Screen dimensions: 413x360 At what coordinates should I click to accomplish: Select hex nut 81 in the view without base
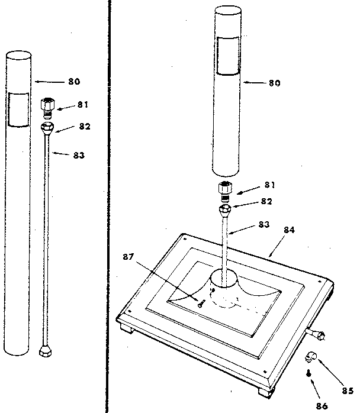(x=47, y=107)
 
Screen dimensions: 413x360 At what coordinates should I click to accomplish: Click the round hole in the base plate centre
(x=224, y=278)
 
